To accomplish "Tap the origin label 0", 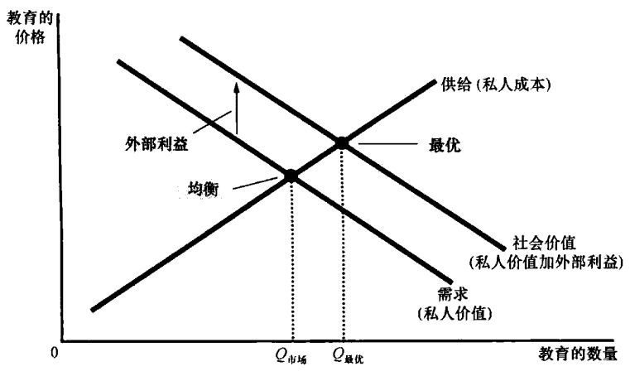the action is coord(55,354).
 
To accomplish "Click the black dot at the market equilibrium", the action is coord(291,176).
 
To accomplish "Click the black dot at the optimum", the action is coord(341,142).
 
